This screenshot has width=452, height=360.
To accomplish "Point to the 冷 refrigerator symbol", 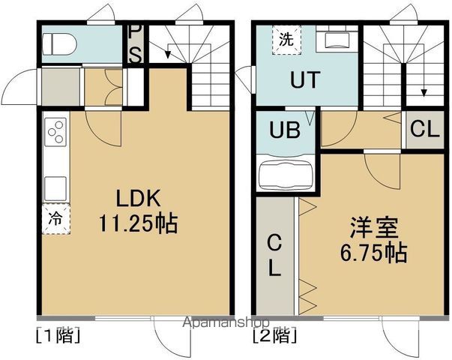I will click(x=55, y=220).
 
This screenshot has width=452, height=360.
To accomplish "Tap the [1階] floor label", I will click(x=57, y=334).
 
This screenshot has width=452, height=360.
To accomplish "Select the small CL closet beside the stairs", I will click(x=424, y=130).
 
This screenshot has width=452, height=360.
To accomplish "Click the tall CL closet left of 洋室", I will click(x=275, y=255).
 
